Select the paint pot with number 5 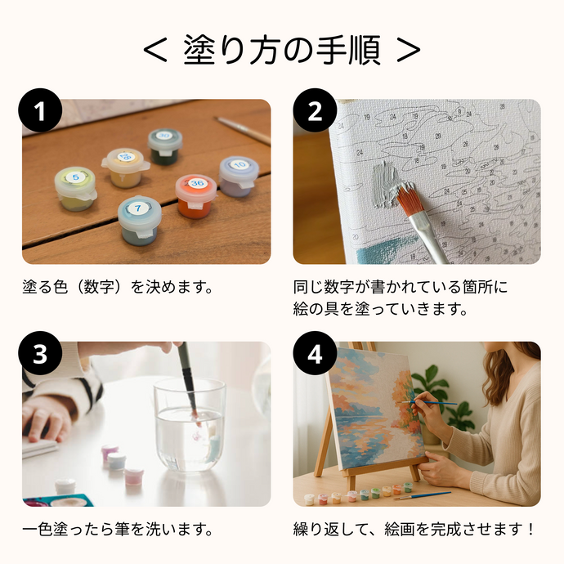[75, 187]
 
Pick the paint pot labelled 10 [239, 175]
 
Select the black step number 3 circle [41, 356]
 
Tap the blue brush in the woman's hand [431, 403]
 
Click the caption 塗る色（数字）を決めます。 [118, 287]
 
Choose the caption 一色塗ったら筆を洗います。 [118, 529]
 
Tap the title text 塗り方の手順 [281, 51]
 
